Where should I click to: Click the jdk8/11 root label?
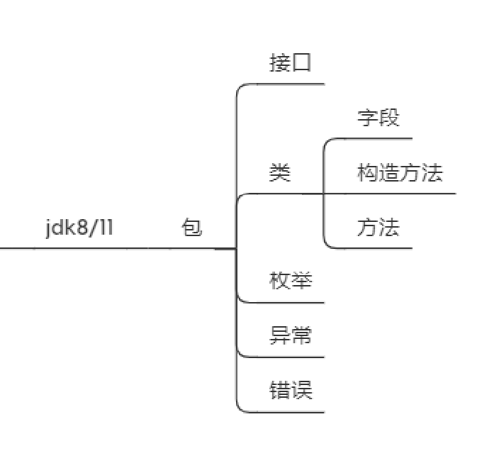tap(79, 228)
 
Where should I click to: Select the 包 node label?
tap(192, 228)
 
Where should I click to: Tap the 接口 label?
tap(291, 62)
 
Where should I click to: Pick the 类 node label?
tap(280, 172)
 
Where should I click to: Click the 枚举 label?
tap(291, 281)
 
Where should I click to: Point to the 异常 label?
tap(291, 335)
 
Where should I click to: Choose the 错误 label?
tap(291, 390)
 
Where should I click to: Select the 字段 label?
tap(379, 118)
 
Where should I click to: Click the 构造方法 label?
tap(400, 172)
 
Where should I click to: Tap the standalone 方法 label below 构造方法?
tap(379, 228)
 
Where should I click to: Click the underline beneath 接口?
tap(284, 84)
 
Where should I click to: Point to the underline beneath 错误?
tap(284, 412)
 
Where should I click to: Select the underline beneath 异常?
tap(284, 357)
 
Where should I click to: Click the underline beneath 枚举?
tap(284, 303)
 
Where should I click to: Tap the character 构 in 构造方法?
tap(367, 172)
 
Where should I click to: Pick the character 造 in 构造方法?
tap(389, 172)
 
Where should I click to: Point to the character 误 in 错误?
tap(302, 390)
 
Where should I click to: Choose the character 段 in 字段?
tap(389, 118)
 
